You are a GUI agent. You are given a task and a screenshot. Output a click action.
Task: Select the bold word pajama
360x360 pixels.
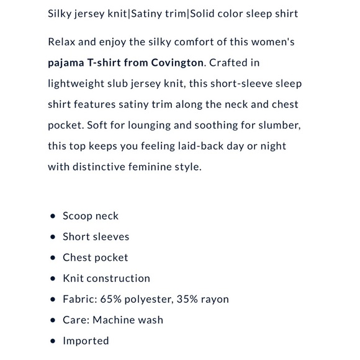(66, 63)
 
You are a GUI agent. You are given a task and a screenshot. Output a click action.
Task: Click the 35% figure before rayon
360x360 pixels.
(191, 299)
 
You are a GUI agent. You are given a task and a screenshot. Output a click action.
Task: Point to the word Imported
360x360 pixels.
(86, 341)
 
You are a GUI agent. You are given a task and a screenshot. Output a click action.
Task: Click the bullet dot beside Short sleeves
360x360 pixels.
(52, 237)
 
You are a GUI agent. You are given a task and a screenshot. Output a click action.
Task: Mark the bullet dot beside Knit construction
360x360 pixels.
(52, 279)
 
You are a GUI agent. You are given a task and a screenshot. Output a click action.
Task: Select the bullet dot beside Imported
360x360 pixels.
(52, 341)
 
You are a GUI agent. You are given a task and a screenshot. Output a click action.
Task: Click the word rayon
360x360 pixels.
(216, 299)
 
